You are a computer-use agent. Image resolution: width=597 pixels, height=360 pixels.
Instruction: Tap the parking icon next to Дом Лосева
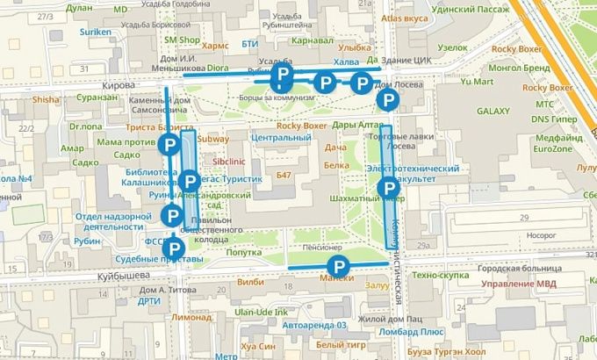click(386, 101)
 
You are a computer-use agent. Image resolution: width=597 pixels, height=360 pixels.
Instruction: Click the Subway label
click(213, 139)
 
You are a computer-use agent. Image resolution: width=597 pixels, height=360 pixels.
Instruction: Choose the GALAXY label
click(493, 112)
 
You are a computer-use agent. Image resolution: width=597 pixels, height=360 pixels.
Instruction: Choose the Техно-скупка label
click(440, 275)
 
